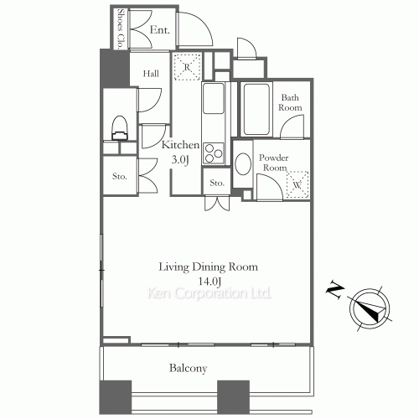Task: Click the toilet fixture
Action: pos(120,128)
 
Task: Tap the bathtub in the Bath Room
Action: pos(256,109)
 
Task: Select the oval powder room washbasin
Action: pos(243,164)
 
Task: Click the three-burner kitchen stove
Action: pos(214,153)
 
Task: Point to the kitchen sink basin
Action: pos(214,98)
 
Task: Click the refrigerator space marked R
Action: pos(187,67)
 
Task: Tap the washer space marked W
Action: pos(297,184)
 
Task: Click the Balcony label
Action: pos(188,368)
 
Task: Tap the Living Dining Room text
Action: pos(208,267)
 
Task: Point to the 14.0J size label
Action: pos(209,282)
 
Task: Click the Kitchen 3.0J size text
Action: pos(180,153)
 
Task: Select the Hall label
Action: pos(151,74)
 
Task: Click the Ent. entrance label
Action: pos(160,29)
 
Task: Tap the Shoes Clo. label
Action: pos(121,28)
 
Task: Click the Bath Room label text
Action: pos(290,102)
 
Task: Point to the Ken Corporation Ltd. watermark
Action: pos(209,293)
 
